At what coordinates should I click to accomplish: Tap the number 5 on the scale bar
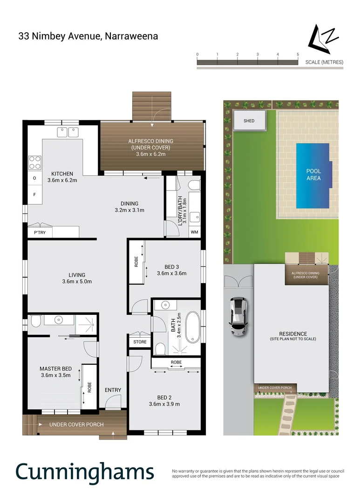(298, 54)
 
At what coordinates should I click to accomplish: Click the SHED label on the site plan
(249, 121)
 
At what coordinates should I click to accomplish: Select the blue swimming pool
(313, 175)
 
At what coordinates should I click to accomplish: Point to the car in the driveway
(238, 316)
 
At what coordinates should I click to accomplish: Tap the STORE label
(140, 342)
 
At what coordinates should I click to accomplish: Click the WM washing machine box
(194, 231)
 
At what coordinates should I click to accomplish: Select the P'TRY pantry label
(39, 231)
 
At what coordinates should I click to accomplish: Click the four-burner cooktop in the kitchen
(35, 163)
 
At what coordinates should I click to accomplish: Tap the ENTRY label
(113, 390)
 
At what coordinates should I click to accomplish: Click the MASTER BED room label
(55, 368)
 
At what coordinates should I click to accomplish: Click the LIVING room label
(77, 275)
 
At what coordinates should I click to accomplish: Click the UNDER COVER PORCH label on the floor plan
(76, 424)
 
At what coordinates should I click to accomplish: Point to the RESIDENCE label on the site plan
(292, 333)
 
